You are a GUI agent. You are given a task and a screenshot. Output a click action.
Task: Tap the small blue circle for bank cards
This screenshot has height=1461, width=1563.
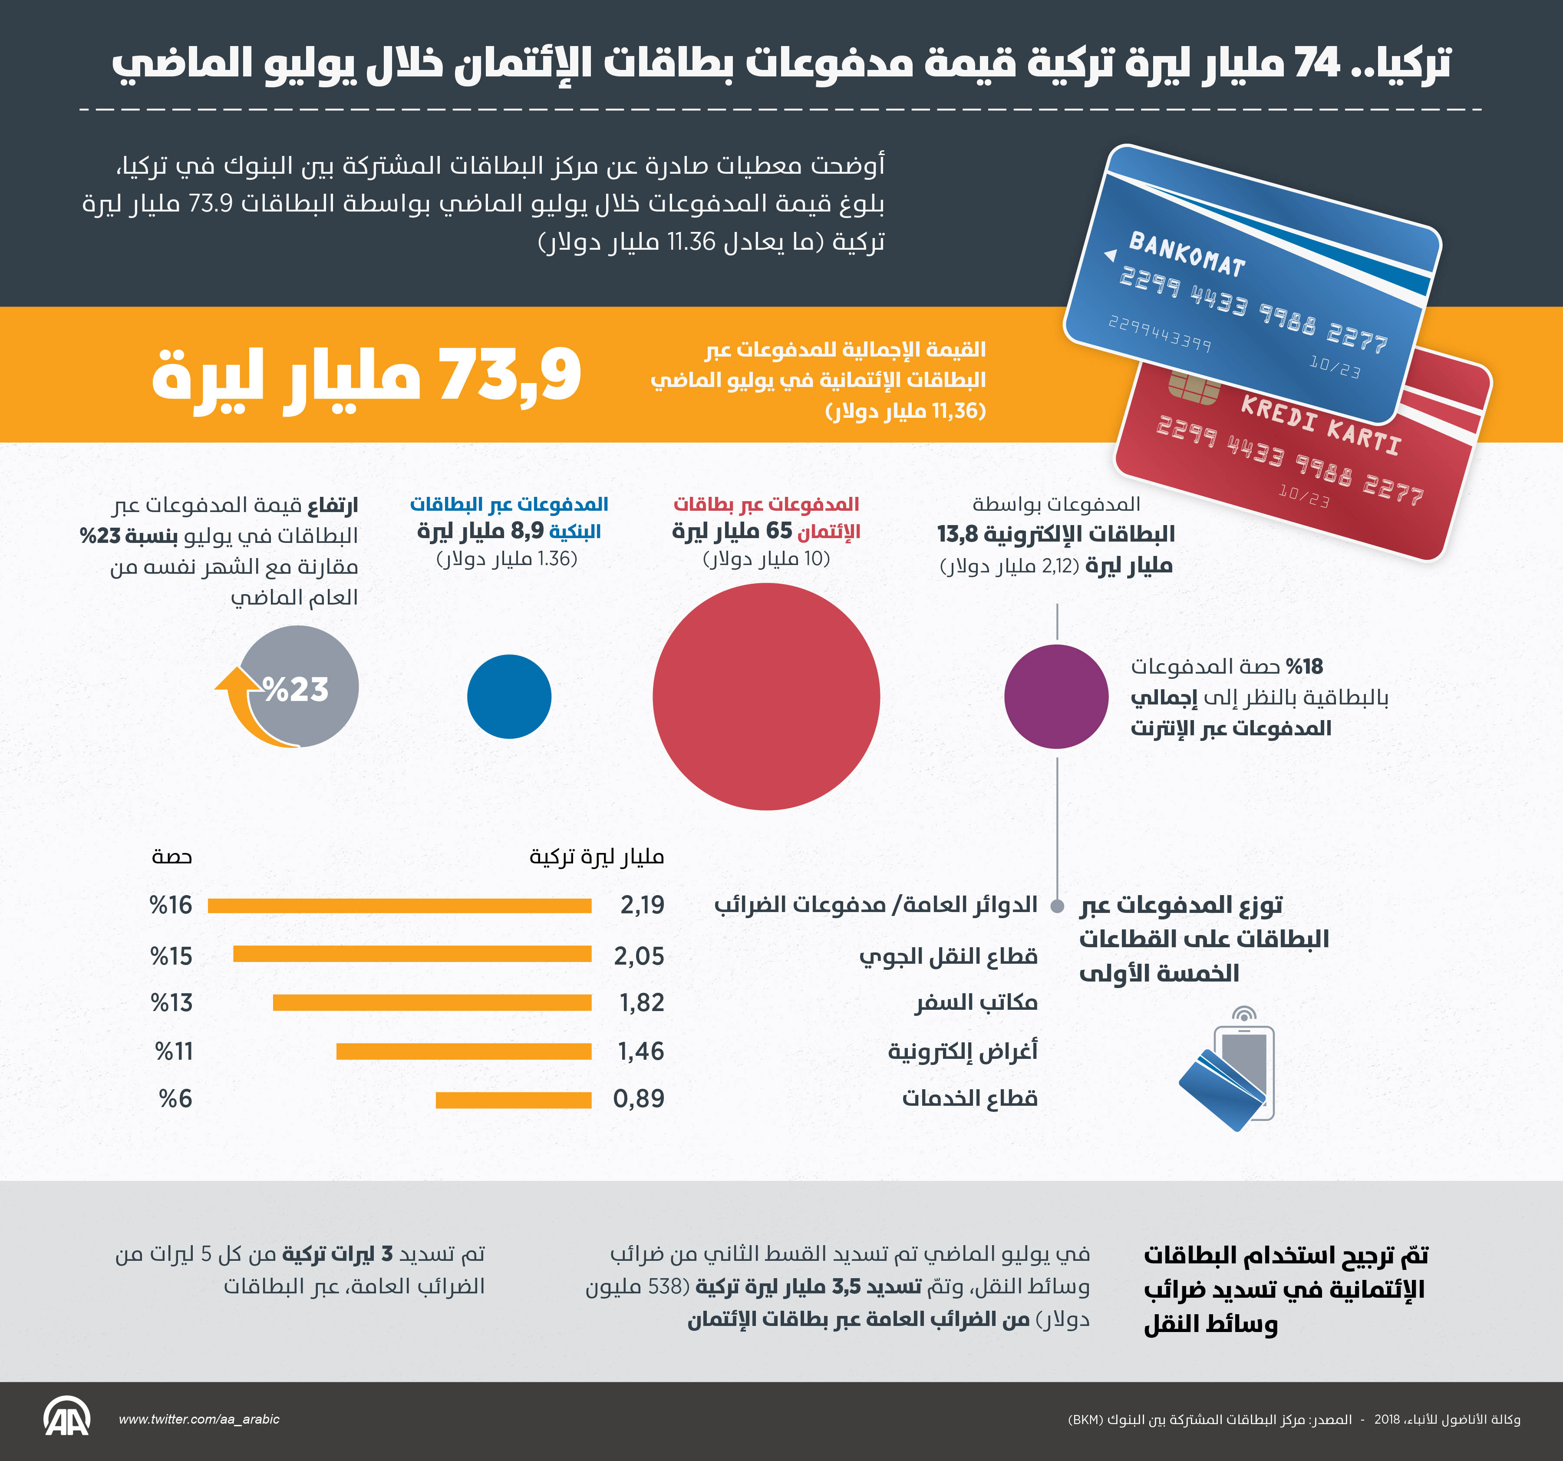tap(509, 696)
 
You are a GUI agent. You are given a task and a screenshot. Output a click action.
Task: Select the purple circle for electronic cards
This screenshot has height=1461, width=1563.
tap(1056, 696)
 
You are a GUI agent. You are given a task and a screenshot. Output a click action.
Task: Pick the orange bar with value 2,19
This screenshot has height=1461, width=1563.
tap(399, 906)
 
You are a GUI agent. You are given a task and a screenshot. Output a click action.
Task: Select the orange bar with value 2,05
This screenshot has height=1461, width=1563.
tap(412, 954)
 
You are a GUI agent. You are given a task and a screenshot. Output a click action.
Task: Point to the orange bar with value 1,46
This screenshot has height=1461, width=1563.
tap(464, 1051)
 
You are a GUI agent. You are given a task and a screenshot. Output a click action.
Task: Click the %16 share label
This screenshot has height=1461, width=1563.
tap(171, 905)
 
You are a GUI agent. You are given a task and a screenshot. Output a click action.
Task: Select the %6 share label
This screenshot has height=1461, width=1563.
tap(176, 1098)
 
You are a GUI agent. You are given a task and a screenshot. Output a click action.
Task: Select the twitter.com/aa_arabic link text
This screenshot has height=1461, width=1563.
tap(199, 1419)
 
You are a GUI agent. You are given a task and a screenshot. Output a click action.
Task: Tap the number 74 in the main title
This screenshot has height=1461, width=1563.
tap(1316, 63)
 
